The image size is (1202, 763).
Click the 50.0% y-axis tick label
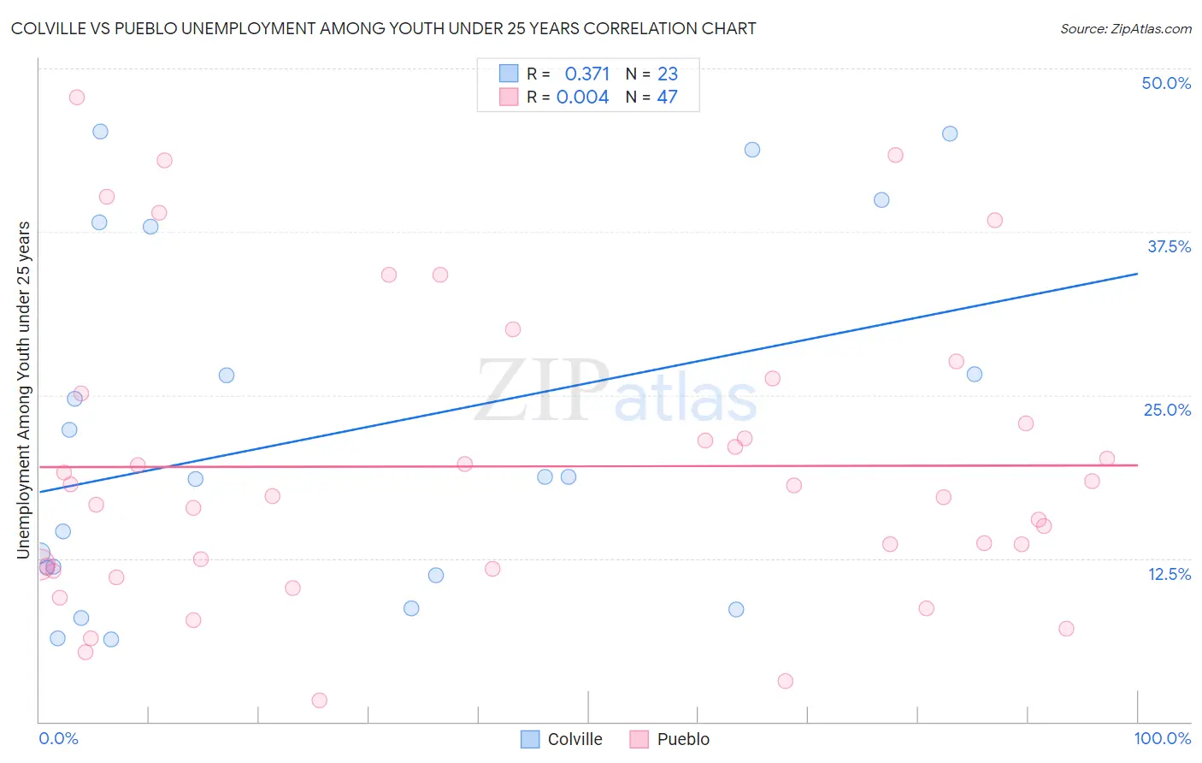[1166, 83]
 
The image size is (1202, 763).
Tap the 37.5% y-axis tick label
[1169, 246]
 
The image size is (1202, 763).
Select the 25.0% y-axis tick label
[1167, 410]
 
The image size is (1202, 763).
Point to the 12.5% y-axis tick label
[1169, 574]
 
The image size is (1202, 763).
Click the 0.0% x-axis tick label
[58, 738]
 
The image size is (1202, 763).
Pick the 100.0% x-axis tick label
[1162, 738]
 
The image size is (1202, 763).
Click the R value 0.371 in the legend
[587, 74]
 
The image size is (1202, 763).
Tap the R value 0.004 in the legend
[582, 98]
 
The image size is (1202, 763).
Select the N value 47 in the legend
[667, 98]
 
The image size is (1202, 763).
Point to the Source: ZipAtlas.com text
[1125, 28]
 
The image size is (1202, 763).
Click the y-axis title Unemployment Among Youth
[24, 389]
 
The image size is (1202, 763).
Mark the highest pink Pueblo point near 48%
[77, 98]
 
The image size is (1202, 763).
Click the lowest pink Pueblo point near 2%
[320, 701]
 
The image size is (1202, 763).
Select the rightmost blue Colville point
[975, 374]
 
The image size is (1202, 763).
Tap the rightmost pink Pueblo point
[1107, 458]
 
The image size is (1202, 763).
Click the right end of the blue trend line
[1137, 274]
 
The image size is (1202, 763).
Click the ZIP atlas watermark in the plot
[616, 392]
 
